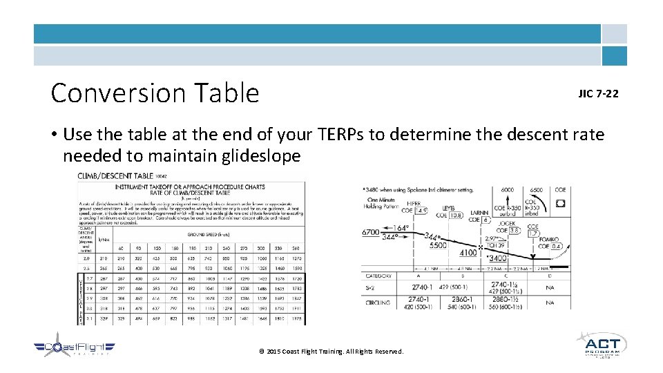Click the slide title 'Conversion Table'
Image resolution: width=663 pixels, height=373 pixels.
click(155, 93)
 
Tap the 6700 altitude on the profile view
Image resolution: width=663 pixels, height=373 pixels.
click(372, 233)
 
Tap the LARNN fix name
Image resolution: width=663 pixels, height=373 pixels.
click(479, 213)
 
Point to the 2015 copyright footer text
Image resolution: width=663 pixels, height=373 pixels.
click(331, 352)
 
